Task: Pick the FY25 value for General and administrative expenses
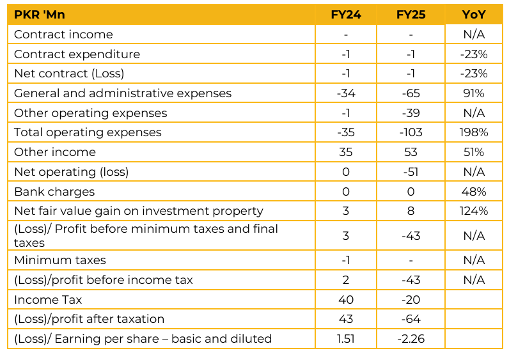click(x=411, y=93)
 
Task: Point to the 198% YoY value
click(x=473, y=132)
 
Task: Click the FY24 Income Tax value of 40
click(x=346, y=299)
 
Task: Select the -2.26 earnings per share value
click(x=411, y=338)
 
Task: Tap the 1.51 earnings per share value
click(x=346, y=338)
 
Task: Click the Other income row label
click(x=55, y=152)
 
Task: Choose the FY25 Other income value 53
click(x=411, y=152)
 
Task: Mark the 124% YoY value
click(x=473, y=211)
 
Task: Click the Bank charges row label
click(x=54, y=191)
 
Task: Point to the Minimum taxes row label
click(x=60, y=260)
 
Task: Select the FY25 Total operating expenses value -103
click(x=411, y=132)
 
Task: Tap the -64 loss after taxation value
click(x=411, y=318)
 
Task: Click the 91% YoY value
click(x=473, y=93)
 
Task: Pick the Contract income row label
click(x=63, y=35)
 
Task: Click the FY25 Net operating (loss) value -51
click(x=411, y=172)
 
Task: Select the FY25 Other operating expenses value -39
click(x=411, y=113)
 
